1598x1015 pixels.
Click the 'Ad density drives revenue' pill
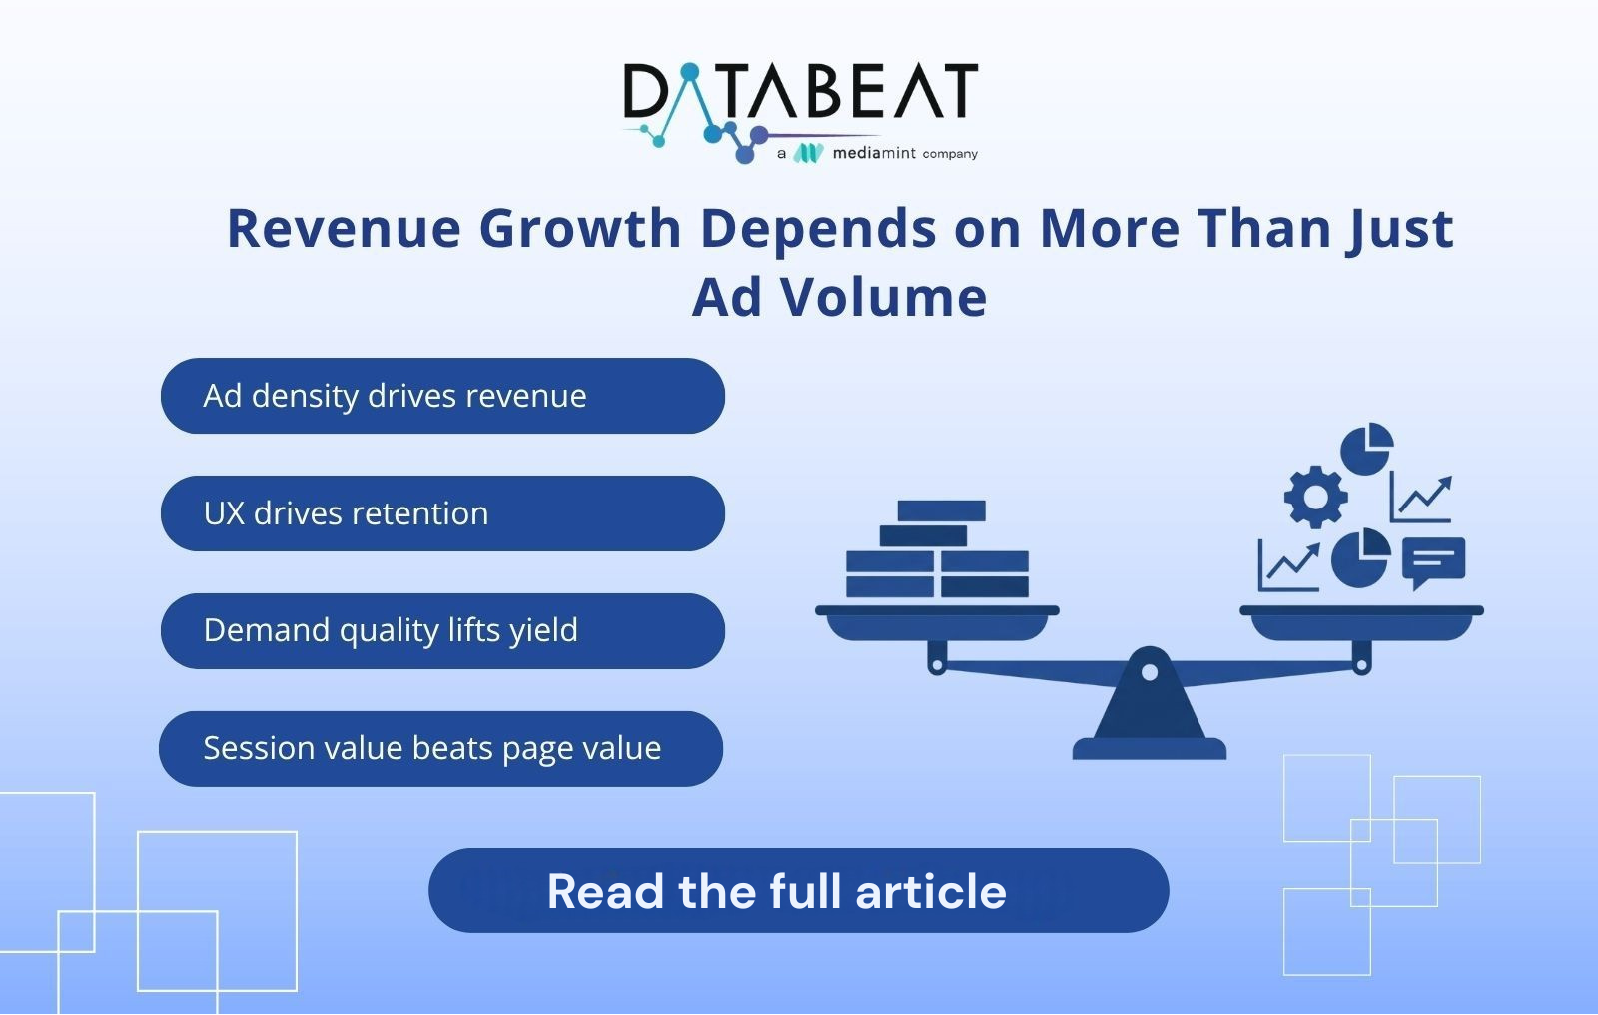(x=442, y=396)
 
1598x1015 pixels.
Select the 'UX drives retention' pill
(x=442, y=513)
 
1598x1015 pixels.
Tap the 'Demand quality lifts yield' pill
(x=442, y=631)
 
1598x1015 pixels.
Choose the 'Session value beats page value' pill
(x=440, y=748)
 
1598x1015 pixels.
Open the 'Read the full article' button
(x=798, y=890)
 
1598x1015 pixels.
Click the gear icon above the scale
(x=1315, y=497)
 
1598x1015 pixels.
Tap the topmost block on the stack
(x=941, y=511)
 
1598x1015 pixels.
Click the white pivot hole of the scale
(x=1150, y=672)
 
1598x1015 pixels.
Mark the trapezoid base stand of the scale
(x=1150, y=713)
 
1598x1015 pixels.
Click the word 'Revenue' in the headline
(x=344, y=229)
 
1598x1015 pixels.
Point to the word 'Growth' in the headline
(x=580, y=228)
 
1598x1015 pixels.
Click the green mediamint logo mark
(x=808, y=153)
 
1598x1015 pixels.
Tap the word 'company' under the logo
(x=950, y=154)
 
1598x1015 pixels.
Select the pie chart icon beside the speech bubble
(x=1360, y=558)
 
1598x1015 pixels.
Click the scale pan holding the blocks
(x=937, y=623)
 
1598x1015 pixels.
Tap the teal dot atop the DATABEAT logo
(x=689, y=71)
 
